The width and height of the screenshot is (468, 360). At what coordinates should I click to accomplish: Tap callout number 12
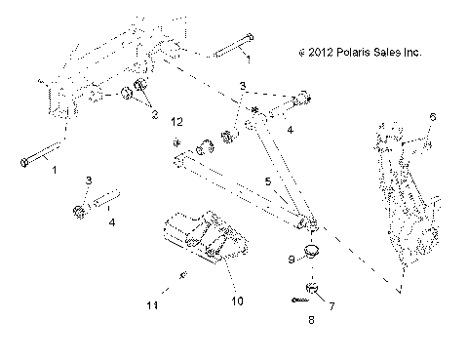(176, 122)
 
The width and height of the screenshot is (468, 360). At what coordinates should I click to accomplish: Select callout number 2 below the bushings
(152, 115)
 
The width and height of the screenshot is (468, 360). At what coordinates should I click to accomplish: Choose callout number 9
(263, 260)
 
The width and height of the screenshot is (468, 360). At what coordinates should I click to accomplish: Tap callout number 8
(311, 317)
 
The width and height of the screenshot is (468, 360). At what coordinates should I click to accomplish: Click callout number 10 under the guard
(236, 301)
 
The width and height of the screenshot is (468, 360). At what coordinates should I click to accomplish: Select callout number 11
(151, 305)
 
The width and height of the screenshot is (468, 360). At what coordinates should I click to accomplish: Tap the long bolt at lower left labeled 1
(39, 157)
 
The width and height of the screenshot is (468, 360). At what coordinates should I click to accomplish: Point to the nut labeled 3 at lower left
(79, 211)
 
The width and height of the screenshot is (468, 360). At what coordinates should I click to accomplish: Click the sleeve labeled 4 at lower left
(108, 206)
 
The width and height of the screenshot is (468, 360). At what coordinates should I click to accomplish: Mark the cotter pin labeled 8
(295, 300)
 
